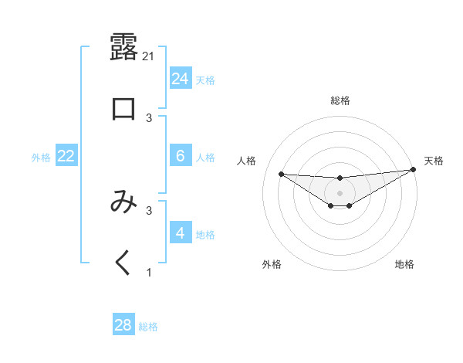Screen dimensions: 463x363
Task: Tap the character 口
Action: click(123, 109)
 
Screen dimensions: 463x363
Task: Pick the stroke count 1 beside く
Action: click(149, 273)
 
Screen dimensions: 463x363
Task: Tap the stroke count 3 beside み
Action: click(149, 210)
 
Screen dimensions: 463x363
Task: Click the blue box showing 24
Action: click(180, 79)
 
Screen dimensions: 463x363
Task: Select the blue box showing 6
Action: click(180, 156)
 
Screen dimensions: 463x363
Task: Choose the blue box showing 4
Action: click(180, 233)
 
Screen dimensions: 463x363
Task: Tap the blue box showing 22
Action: click(66, 156)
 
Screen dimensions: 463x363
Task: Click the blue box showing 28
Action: click(123, 325)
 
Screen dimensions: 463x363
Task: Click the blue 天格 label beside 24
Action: click(205, 80)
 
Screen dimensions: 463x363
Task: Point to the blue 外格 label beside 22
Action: click(41, 158)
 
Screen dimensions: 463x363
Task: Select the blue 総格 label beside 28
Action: click(148, 327)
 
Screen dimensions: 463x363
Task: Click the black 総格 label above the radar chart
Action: click(340, 100)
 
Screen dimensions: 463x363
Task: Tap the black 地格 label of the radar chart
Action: click(404, 264)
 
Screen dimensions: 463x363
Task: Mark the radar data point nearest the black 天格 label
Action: click(413, 170)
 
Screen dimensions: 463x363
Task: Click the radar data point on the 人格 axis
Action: click(281, 174)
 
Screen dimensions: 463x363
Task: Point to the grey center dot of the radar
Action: click(340, 192)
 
